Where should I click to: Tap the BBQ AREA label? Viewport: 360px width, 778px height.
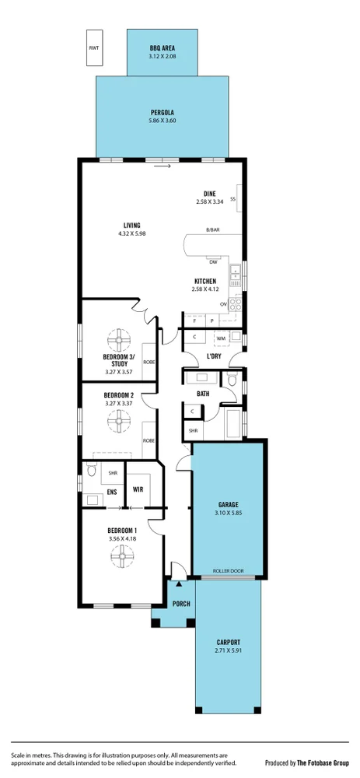point(163,47)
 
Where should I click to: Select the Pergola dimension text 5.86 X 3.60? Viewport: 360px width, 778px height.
point(163,121)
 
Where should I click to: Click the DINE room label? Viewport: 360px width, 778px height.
point(210,194)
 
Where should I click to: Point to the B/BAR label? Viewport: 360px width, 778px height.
point(212,230)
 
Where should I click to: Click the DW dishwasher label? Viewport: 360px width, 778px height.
point(213,261)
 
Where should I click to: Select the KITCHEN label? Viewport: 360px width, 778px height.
point(205,281)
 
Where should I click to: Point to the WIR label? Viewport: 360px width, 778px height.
point(138,490)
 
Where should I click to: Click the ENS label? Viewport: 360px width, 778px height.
point(89,491)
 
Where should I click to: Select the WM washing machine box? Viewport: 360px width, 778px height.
point(221,338)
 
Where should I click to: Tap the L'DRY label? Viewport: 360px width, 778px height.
point(214,356)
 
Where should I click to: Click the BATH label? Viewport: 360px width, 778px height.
point(203,394)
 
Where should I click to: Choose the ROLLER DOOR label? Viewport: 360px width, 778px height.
point(229,571)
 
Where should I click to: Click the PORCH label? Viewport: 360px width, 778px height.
point(181,604)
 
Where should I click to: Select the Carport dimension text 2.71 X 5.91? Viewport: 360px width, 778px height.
point(228,650)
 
